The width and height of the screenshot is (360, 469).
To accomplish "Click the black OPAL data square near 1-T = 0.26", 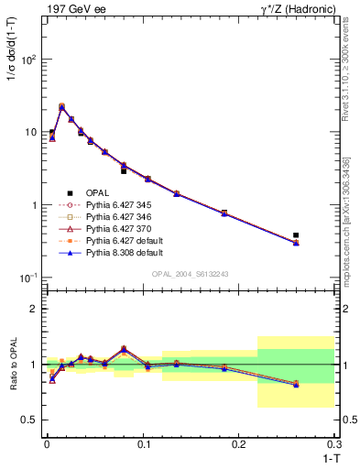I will (295, 235).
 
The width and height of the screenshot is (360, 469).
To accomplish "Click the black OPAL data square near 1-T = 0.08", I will (124, 171).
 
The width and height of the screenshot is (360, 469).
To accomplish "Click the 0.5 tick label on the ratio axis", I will (31, 420).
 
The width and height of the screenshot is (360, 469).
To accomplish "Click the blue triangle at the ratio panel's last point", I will (295, 385).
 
